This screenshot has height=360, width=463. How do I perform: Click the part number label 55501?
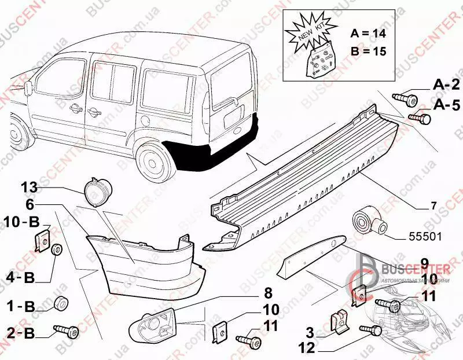pos(425,236)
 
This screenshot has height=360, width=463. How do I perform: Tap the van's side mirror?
pos(29,87)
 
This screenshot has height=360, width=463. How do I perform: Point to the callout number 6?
pos(30,204)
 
